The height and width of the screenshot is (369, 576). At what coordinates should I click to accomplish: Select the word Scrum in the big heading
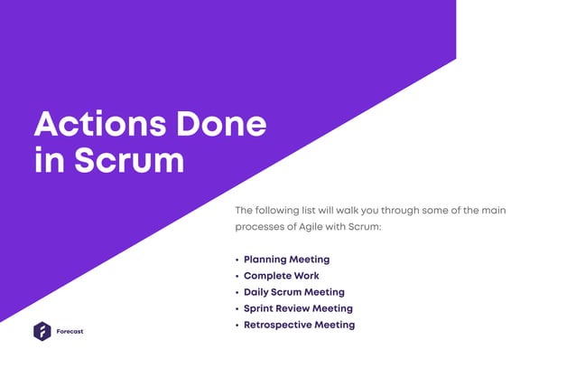click(x=129, y=161)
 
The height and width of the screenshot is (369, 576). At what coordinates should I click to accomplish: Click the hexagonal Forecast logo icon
click(x=42, y=332)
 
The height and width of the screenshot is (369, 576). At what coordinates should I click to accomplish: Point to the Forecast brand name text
click(x=70, y=332)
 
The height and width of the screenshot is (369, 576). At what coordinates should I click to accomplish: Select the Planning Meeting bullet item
click(x=286, y=260)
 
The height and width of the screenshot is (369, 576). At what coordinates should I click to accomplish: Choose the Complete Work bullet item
click(x=281, y=276)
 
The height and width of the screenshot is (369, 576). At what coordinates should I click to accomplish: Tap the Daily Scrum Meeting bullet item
click(x=293, y=292)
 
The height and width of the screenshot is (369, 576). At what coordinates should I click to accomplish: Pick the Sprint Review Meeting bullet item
click(x=298, y=308)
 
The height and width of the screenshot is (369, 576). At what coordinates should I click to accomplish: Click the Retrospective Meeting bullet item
click(x=299, y=325)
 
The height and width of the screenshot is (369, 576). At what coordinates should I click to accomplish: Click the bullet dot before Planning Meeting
click(x=237, y=260)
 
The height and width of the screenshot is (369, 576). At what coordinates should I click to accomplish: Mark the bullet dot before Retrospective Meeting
click(x=237, y=326)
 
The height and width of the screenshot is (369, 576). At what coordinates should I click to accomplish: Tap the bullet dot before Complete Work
click(x=237, y=277)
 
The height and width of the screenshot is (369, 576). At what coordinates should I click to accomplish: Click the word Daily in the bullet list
click(x=257, y=292)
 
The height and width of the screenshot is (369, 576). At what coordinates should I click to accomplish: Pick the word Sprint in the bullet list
click(x=259, y=308)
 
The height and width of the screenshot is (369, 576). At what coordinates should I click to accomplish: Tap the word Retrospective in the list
click(x=277, y=325)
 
